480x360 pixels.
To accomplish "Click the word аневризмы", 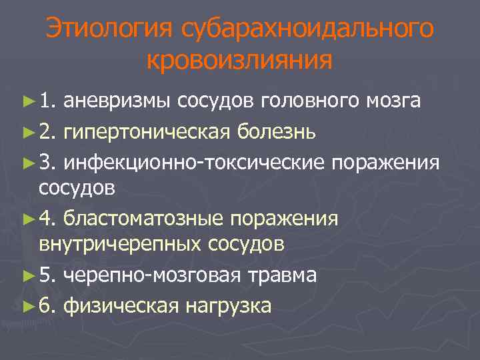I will coord(118,101).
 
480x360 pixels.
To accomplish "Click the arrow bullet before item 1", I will coord(28,101).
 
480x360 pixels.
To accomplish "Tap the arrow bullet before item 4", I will coord(28,219).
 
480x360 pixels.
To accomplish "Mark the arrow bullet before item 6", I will coord(28,305).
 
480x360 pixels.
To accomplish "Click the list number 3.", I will coord(46,162).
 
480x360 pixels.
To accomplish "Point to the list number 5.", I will coord(46,275).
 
